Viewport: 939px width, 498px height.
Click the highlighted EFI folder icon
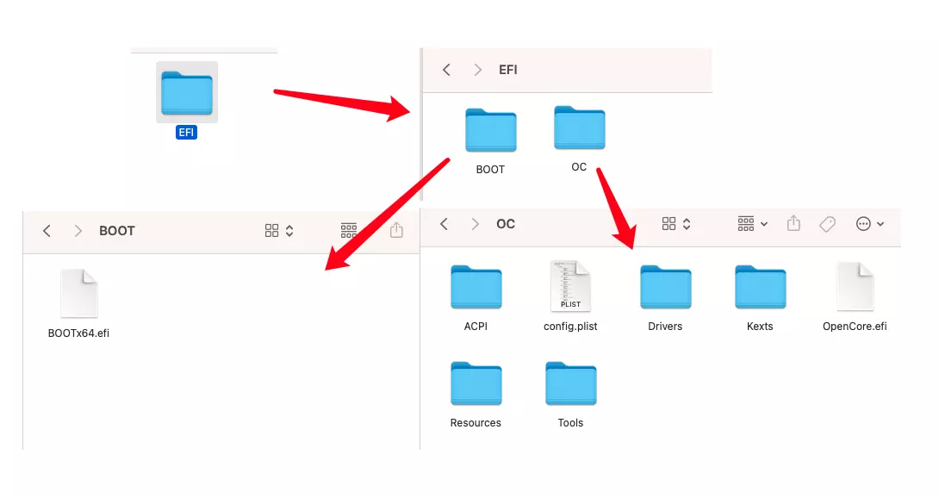187,93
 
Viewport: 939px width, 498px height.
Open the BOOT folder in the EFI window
490,130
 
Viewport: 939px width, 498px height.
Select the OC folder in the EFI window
579,128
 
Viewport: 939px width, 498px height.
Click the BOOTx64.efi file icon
79,293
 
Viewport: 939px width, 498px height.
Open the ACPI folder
476,287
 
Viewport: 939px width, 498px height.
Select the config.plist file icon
570,286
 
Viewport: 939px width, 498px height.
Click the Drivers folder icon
665,287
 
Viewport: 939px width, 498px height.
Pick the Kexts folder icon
760,287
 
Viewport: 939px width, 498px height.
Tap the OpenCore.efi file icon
855,286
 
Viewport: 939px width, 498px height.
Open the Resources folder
476,383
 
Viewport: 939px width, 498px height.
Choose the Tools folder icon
570,383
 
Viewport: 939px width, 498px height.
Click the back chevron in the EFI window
446,70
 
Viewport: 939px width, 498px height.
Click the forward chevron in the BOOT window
78,231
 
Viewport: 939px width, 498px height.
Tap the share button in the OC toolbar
793,223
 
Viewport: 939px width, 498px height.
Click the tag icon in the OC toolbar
827,224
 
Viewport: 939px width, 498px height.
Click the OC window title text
506,224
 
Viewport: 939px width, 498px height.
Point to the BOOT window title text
117,231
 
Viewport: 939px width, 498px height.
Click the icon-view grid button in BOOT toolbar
272,231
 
